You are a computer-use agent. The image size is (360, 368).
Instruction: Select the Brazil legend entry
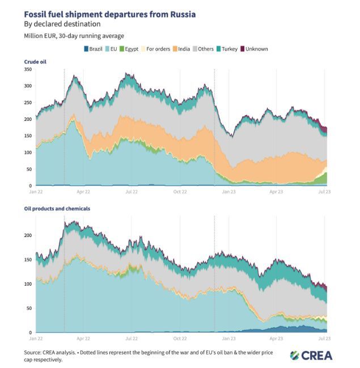[x=94, y=49]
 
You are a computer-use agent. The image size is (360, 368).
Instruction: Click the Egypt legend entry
[x=129, y=49]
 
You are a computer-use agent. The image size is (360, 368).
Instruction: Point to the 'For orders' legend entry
[x=154, y=49]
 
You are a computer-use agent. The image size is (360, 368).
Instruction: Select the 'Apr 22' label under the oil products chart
[x=84, y=339]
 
